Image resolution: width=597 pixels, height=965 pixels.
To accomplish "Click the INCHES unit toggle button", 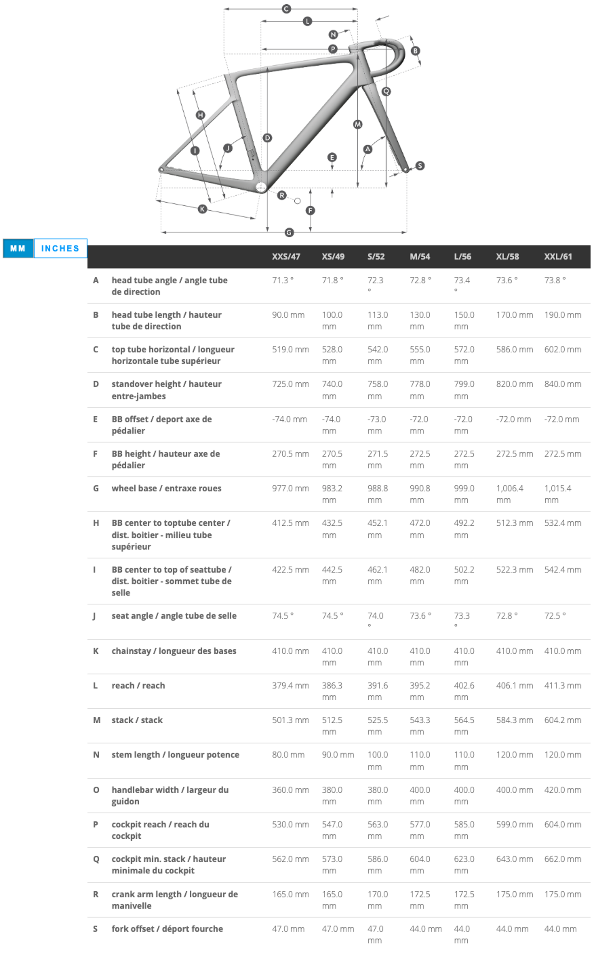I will pos(60,249).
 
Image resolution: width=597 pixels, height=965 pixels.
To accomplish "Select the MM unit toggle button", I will pos(18,249).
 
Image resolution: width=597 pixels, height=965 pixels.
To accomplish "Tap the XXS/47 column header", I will pos(286,256).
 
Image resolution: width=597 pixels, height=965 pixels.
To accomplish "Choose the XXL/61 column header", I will pos(558,256).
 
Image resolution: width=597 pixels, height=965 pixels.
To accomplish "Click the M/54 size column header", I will pos(420,256).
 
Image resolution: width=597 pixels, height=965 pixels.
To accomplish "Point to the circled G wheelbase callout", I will pos(289,232).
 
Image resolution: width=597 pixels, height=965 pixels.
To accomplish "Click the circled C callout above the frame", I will pos(286,9).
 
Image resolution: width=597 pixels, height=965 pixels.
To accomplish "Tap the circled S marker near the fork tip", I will pos(420,166).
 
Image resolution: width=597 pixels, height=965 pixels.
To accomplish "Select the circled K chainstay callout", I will pos(202,209).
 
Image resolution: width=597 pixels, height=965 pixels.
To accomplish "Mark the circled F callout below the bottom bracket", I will pos(310,210).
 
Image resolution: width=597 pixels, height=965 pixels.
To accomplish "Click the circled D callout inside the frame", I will pos(267,138).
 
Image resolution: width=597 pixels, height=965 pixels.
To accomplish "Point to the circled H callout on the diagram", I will pos(201,115).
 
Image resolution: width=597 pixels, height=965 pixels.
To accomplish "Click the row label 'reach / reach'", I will pos(138,686).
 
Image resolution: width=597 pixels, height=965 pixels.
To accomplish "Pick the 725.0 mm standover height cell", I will pos(290,384).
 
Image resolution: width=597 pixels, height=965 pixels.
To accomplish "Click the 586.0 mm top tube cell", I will pos(514,350).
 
